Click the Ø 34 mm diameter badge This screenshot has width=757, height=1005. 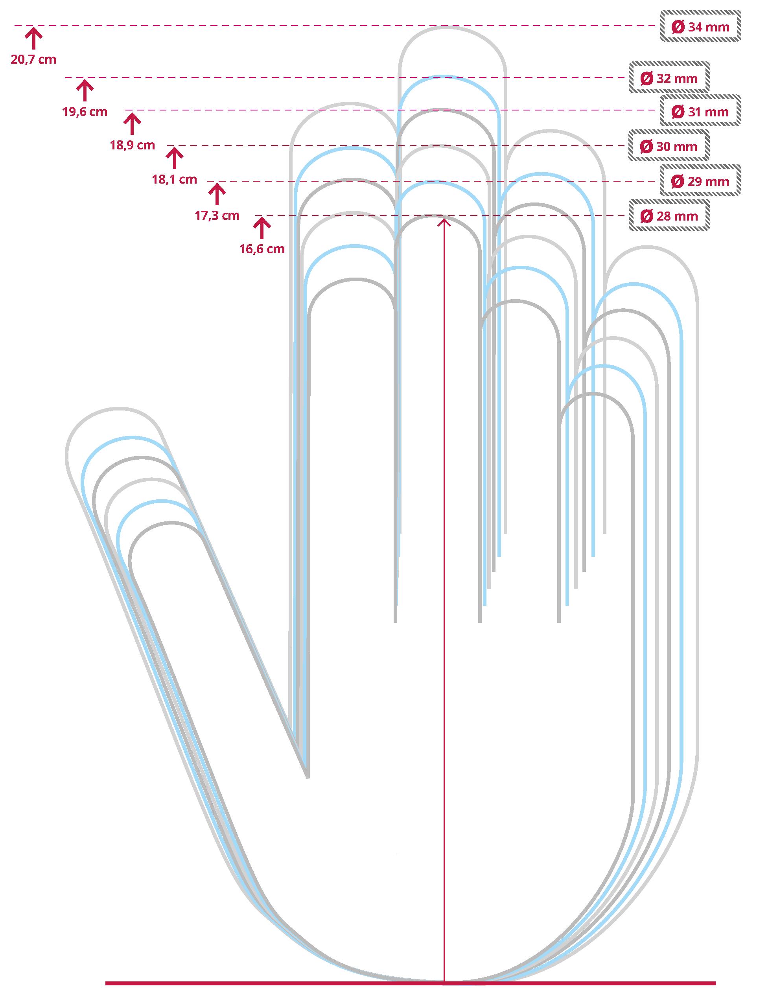700,27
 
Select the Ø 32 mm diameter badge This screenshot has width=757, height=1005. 669,78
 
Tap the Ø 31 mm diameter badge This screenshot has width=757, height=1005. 700,112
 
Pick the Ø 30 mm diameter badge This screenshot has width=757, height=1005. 669,146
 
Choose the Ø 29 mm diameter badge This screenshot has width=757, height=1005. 700,181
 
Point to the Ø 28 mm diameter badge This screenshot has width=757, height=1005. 669,216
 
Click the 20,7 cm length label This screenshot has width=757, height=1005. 34,59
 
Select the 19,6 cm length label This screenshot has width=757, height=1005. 85,111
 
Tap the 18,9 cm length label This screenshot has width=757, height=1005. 132,145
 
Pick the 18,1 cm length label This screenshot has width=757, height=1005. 175,179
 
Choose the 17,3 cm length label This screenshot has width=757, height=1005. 217,215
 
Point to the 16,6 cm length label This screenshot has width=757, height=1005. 262,249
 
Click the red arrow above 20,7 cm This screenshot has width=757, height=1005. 34,38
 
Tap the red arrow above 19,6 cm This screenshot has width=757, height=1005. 85,90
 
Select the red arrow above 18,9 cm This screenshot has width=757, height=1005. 132,123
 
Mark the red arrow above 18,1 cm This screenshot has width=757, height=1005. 175,158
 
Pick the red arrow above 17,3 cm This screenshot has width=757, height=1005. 217,193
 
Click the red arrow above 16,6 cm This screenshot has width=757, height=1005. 262,228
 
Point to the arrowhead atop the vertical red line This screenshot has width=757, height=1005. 444,221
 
